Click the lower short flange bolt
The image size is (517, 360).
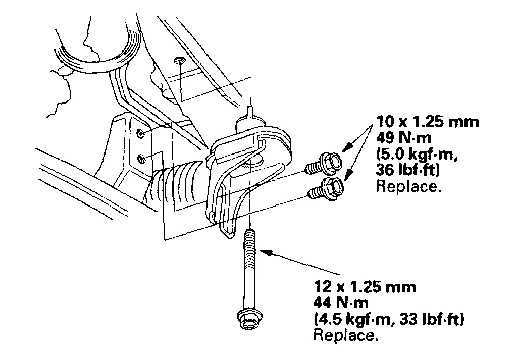coord(326,188)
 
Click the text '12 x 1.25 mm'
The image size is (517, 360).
coord(365,287)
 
